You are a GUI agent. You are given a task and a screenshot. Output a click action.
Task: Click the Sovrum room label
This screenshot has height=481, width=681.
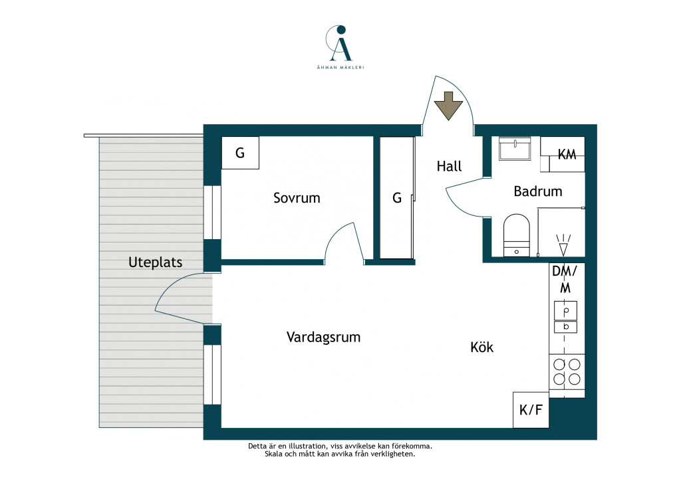coord(297,198)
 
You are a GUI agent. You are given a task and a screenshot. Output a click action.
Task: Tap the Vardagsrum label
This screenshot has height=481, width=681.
coord(324,337)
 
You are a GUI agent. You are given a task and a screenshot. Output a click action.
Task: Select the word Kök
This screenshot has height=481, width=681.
coord(481,347)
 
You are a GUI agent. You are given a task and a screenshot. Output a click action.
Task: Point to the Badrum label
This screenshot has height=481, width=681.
coord(537,191)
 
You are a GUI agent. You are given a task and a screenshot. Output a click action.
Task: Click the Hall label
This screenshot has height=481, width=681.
coord(449,166)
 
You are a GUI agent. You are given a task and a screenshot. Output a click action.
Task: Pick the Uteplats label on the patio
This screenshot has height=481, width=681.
coord(155,262)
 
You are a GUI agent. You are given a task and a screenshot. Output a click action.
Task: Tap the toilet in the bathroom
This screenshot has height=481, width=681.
coord(516,235)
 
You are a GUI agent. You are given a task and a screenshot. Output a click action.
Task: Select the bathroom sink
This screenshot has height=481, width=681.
coord(515,149)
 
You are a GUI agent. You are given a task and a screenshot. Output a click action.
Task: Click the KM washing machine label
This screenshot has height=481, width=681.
coord(567,154)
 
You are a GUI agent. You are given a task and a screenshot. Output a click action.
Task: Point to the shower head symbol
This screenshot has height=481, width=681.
coord(563,245)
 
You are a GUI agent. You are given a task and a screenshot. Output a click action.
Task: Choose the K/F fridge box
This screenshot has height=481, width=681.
coord(531,410)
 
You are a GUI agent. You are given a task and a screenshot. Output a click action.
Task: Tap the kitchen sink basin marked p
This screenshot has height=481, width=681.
coord(565,311)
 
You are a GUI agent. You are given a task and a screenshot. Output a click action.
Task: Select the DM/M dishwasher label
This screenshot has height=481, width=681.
coord(565,279)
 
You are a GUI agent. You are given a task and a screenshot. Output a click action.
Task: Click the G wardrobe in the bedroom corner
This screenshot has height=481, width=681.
coord(240,153)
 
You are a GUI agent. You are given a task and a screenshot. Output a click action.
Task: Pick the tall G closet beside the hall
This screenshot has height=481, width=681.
coord(397,198)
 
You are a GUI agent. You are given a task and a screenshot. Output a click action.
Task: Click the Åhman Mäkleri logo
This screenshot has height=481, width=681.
coord(340,47)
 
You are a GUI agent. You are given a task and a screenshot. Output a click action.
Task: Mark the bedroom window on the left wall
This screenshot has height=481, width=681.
coord(212,213)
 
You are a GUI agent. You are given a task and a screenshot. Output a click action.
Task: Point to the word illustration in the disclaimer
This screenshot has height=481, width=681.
coord(307,446)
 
